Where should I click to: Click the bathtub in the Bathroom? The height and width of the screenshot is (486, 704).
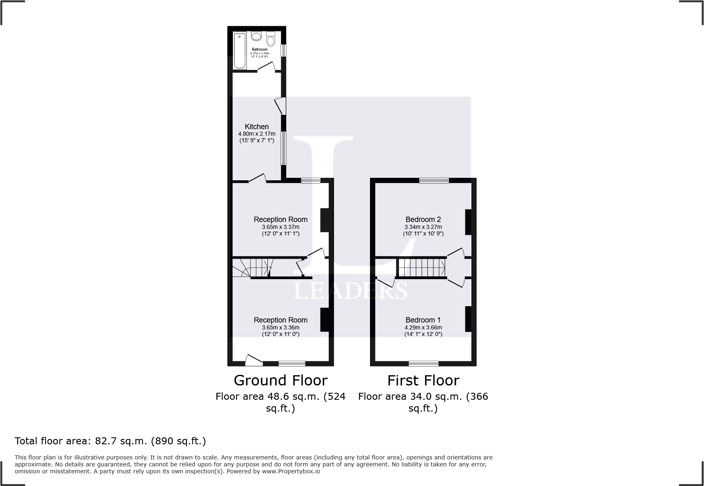[x=240, y=50]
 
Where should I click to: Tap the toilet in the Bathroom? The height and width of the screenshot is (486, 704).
[x=270, y=40]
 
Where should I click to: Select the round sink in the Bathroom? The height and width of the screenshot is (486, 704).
[x=256, y=36]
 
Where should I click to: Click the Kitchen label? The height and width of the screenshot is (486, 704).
[x=257, y=127]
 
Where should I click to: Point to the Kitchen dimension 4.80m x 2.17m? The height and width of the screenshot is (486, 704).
[x=257, y=134]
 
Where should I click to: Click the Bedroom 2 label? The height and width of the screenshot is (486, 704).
[x=423, y=219]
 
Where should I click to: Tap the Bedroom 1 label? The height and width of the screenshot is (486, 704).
[x=423, y=320]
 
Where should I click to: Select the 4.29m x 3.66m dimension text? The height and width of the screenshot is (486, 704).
[x=423, y=327]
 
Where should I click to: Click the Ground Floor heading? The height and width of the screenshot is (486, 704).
[x=280, y=381]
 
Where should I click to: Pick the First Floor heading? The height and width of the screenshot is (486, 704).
[x=423, y=381]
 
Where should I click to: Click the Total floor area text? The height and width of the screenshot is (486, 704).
[x=110, y=441]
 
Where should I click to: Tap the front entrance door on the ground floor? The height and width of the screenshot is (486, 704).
[x=254, y=360]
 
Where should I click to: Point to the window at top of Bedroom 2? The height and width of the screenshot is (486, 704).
[x=434, y=180]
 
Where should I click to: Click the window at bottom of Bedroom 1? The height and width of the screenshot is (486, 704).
[x=424, y=363]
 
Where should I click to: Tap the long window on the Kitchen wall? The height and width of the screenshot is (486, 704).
[x=283, y=148]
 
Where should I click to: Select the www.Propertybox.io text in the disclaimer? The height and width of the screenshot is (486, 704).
[x=291, y=471]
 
